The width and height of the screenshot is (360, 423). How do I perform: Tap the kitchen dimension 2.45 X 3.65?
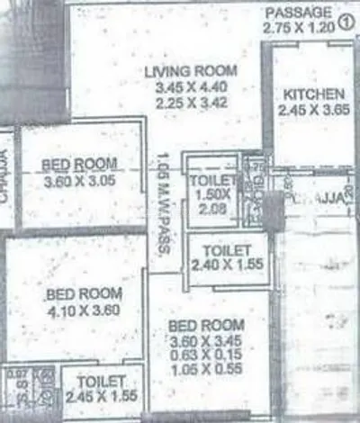coord(312,112)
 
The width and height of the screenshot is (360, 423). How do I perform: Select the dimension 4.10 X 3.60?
coord(82,310)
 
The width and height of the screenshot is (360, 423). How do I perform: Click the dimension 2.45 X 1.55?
coord(99,396)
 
